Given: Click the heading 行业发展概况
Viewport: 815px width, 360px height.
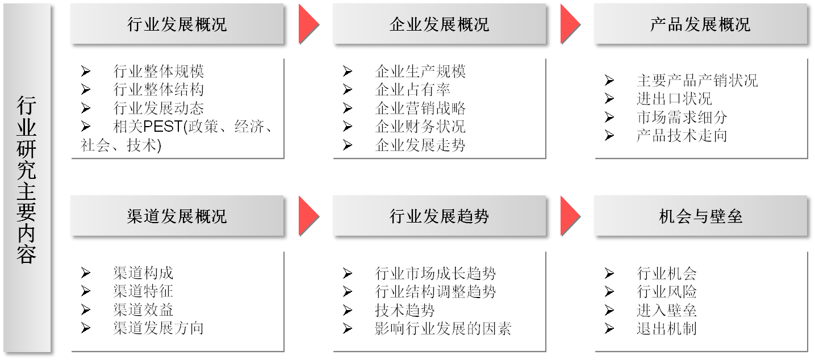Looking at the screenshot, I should (177, 24).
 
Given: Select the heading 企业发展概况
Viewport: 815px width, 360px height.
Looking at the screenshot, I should (439, 24).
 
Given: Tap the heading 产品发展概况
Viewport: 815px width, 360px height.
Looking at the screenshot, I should (700, 24).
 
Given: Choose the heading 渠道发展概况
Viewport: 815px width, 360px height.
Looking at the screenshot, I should (177, 216).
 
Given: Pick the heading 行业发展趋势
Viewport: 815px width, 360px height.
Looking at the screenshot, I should (439, 216).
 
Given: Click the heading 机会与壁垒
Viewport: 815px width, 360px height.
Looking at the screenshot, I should (700, 216).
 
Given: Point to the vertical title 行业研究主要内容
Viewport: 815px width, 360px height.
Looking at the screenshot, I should (27, 179).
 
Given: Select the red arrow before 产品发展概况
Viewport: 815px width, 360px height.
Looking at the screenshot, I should (570, 24).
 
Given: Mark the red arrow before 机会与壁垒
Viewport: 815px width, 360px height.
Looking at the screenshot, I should (570, 216).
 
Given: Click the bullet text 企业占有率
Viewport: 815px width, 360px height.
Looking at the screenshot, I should (413, 90).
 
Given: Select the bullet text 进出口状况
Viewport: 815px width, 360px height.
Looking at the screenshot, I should (674, 98).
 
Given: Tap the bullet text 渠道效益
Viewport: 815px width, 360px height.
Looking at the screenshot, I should (143, 309).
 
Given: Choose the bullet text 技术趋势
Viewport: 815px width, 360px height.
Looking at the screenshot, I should (405, 310).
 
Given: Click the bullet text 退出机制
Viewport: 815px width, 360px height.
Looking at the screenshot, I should (666, 328).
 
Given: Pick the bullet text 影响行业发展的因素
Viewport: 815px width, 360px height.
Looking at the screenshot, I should (443, 328).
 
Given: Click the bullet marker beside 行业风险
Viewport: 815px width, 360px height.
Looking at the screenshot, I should (609, 292).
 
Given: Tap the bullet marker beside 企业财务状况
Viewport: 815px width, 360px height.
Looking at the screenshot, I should (348, 127).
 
